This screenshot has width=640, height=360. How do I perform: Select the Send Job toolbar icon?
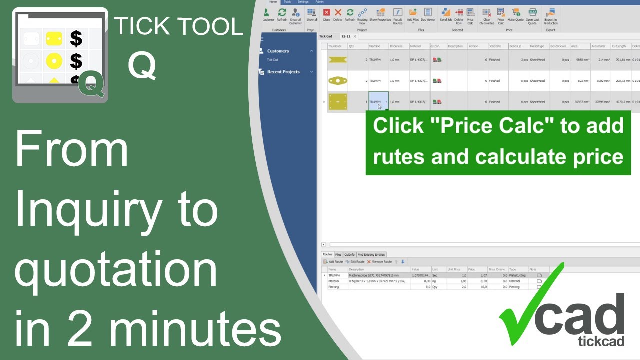[446, 14]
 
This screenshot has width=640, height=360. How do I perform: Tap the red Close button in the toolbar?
[326, 14]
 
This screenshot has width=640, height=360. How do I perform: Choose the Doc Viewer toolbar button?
[428, 14]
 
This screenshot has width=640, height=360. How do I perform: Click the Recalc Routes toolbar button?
[398, 14]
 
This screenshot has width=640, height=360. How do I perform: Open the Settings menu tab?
[303, 2]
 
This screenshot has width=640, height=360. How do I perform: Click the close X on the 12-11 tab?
[355, 36]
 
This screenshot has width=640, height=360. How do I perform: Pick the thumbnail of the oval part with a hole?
[337, 81]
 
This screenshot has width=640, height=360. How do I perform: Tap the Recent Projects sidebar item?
[283, 72]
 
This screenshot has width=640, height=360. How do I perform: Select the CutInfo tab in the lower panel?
[349, 255]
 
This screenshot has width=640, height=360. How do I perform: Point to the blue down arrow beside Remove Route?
[403, 262]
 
